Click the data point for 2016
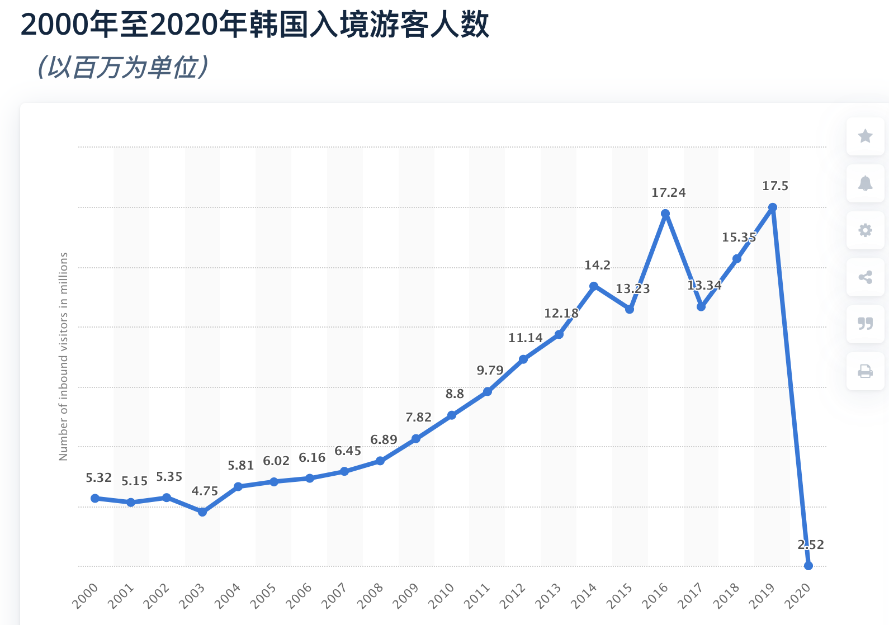(x=665, y=214)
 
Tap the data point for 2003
(x=202, y=512)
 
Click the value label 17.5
(x=775, y=186)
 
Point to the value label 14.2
(x=597, y=266)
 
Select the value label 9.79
(x=490, y=371)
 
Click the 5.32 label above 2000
(x=98, y=478)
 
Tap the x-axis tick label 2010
(x=441, y=596)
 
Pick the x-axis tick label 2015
(x=620, y=596)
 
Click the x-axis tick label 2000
(x=85, y=596)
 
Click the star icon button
(x=865, y=136)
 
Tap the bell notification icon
(x=865, y=183)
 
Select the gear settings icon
(x=865, y=230)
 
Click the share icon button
(x=865, y=277)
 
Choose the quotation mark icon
(x=865, y=324)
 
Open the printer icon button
(x=865, y=371)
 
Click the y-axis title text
(x=63, y=356)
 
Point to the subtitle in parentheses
(x=123, y=68)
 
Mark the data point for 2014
(x=594, y=286)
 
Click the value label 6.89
(x=384, y=440)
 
